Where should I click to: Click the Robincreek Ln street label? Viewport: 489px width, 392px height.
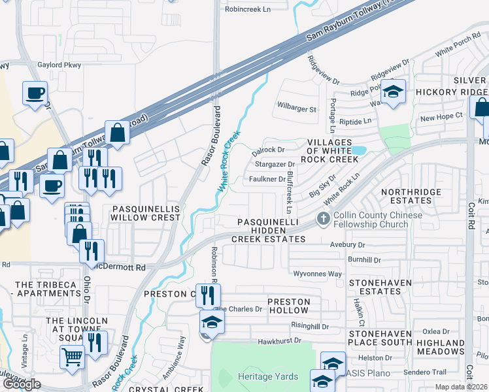tap(247, 10)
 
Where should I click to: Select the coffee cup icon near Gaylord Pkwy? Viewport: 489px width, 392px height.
tap(35, 93)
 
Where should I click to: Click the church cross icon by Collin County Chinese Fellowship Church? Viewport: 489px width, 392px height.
tap(322, 220)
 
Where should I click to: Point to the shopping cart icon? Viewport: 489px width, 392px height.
tap(72, 357)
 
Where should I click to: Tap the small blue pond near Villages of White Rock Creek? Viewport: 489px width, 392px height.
tap(359, 151)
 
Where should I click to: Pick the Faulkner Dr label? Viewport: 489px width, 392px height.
tap(265, 179)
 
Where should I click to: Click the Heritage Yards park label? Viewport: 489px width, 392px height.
tap(268, 376)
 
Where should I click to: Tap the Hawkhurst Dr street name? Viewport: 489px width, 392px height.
tap(279, 340)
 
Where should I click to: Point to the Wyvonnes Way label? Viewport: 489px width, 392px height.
tap(317, 274)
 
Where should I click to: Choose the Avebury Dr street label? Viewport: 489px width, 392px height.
tap(347, 245)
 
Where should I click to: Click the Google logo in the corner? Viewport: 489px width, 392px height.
tap(21, 384)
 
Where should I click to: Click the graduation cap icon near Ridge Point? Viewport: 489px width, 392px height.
tap(393, 92)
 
